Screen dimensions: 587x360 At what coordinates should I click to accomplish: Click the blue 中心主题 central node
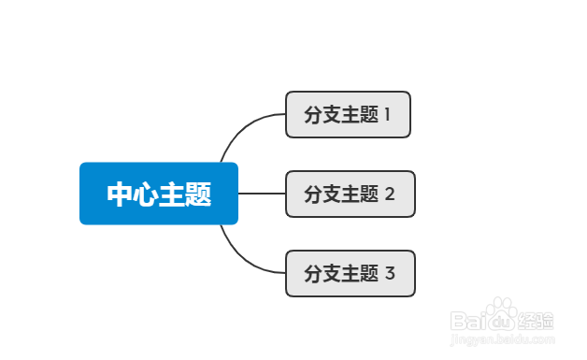[x=159, y=194]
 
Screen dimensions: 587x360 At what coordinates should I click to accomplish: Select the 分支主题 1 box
[x=348, y=114]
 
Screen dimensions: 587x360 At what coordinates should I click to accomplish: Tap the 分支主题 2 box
[x=350, y=194]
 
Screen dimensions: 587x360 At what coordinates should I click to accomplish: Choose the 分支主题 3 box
[x=350, y=274]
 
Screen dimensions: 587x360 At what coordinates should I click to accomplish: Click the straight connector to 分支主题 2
[x=262, y=194]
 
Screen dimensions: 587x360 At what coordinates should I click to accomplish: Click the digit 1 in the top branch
[x=387, y=115]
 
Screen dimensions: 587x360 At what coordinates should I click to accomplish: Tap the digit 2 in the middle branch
[x=390, y=194]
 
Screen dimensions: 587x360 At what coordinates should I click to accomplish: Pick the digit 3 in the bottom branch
[x=390, y=274]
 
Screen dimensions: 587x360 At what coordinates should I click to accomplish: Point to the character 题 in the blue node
[x=198, y=194]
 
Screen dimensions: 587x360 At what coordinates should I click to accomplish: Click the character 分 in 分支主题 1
[x=313, y=115]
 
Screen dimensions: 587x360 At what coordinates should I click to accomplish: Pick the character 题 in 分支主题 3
[x=369, y=274]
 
